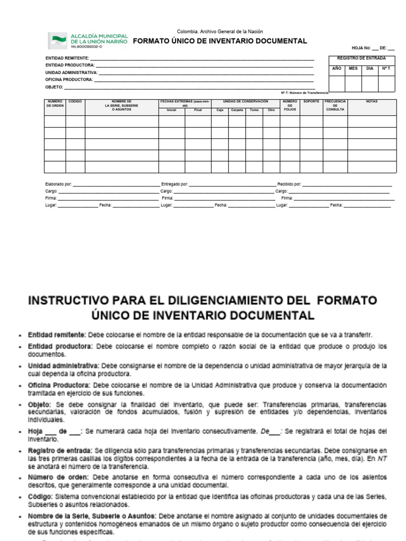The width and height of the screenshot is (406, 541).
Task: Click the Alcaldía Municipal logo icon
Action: point(58,40)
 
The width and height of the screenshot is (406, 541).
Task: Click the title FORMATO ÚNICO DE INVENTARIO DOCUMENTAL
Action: point(219,41)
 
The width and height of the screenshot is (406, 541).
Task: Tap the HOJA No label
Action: point(362,48)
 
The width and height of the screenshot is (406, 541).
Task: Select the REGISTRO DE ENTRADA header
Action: point(361,58)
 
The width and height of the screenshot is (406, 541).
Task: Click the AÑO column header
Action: point(337,68)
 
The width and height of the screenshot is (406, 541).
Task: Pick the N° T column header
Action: point(386,68)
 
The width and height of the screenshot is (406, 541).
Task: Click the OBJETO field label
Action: point(54,87)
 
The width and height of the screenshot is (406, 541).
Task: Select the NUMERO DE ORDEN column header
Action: point(55,104)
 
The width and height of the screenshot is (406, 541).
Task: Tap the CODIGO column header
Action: point(75,101)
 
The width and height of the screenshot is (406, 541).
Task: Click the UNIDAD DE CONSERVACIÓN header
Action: point(245,101)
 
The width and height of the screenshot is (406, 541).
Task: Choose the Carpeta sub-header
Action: point(236,110)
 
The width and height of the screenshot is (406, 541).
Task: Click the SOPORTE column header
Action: point(311,101)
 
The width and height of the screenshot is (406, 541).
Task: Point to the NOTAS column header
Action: point(372,101)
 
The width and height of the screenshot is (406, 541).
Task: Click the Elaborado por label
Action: point(59,184)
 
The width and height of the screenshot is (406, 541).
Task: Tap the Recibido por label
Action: point(289,184)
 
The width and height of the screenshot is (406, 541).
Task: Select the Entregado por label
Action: point(174,184)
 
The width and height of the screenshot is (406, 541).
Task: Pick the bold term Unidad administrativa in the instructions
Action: point(63,365)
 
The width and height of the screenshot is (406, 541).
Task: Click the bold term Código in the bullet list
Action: point(39,497)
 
